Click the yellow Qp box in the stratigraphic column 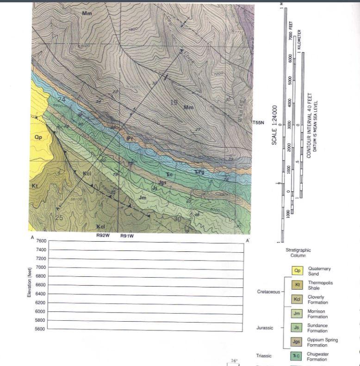point(298,271)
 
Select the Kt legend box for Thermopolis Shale point(298,285)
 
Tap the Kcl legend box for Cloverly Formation point(298,299)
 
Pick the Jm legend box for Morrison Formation point(298,314)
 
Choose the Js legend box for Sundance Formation point(298,328)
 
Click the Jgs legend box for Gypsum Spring point(298,342)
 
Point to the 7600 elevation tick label point(40,241)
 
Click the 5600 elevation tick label point(40,329)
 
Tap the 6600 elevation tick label point(40,285)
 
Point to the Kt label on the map point(34,186)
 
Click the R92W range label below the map point(103,235)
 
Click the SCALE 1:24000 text point(274,124)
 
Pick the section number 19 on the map point(174,103)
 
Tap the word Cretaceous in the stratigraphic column point(268,292)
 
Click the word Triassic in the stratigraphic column point(263,356)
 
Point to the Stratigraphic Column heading point(298,252)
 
